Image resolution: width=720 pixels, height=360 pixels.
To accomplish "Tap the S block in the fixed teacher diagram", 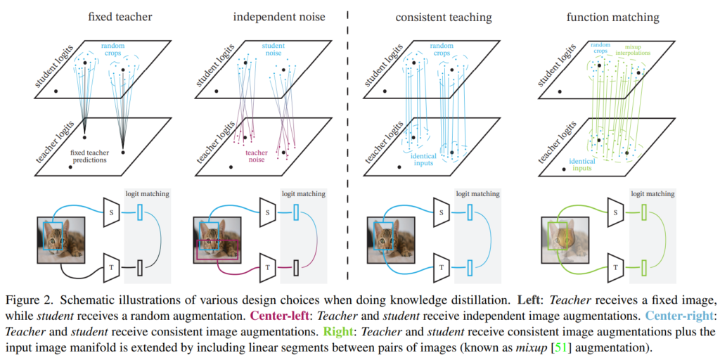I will pos(113,212).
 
